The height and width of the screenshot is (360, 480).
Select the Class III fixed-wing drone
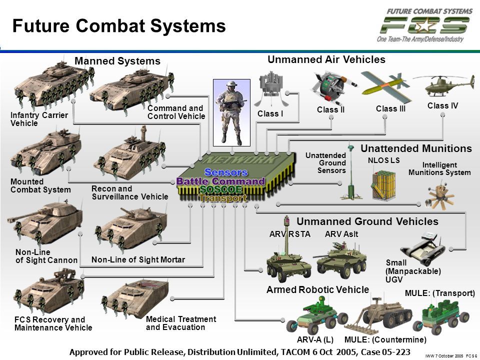point(386,87)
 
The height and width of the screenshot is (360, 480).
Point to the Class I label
point(270,114)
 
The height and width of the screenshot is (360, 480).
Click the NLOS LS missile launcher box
point(383,185)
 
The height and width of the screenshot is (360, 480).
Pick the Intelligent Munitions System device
point(439,196)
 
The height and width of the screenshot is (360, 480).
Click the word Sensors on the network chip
point(226,172)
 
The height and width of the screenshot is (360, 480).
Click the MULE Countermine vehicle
point(379,315)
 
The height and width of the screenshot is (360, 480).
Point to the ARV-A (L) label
point(315,340)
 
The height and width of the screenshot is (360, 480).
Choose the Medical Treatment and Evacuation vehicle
point(135,297)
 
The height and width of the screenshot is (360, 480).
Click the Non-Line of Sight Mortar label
point(138,259)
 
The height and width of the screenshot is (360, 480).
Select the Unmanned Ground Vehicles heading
point(367,221)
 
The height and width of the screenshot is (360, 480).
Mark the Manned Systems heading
point(117,61)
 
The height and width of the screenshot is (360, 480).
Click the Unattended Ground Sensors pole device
point(351,173)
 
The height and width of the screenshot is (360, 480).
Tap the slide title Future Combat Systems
point(119,25)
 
